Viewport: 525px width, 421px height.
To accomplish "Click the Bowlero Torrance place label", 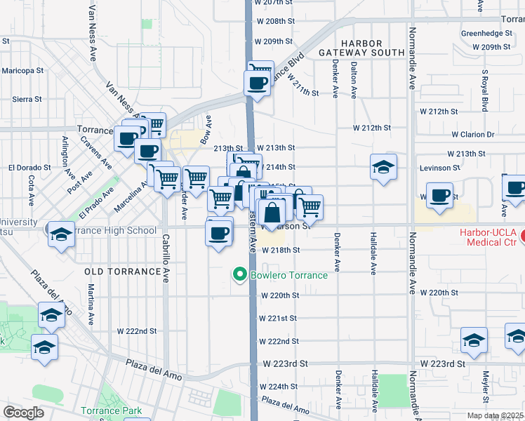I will (288, 275).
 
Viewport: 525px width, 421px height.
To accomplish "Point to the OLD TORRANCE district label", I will (121, 271).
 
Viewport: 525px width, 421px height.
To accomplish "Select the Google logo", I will (23, 413).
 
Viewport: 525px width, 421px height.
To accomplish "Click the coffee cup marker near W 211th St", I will (256, 83).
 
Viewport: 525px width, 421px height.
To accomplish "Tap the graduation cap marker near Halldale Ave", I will (384, 168).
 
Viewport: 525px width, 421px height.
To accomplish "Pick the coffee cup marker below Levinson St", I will (440, 196).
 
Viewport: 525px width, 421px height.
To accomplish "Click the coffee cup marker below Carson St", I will (219, 232).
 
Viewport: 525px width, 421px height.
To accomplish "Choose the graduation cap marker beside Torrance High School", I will (62, 234).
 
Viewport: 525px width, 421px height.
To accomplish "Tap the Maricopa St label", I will (22, 71).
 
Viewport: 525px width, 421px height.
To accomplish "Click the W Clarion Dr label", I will (473, 134).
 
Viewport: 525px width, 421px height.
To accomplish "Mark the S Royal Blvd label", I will (484, 91).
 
